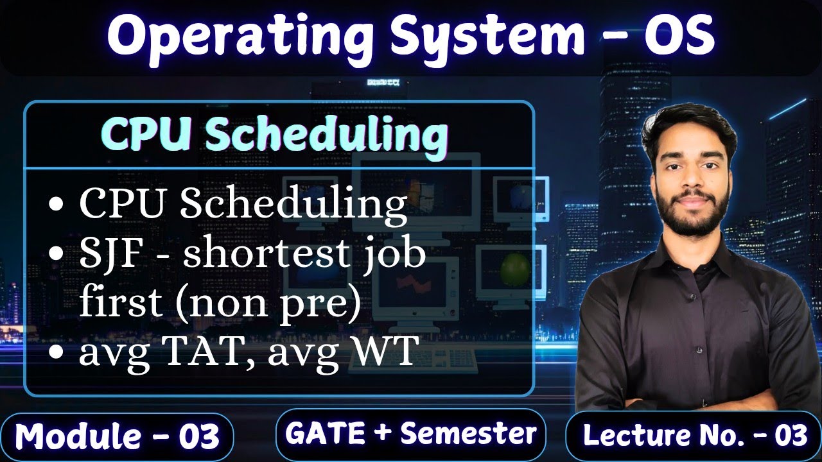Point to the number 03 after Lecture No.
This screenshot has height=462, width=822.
point(789,436)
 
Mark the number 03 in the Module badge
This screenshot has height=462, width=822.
point(199,436)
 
